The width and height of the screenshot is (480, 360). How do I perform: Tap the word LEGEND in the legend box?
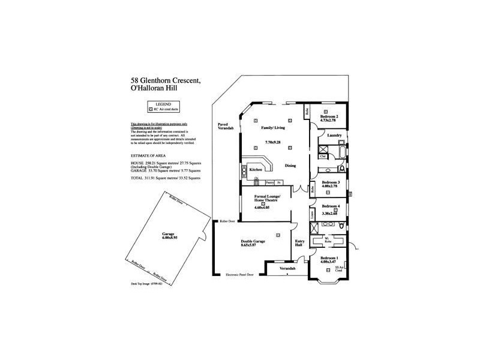pos(155,104)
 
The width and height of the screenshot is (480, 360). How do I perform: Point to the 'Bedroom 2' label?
pos(329,116)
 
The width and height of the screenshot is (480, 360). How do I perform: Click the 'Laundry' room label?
pos(334,135)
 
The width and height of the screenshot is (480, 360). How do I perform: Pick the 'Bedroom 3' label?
pos(331,182)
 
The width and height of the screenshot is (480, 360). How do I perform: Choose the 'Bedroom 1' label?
pos(329,257)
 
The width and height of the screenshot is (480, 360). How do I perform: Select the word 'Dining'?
pos(290,166)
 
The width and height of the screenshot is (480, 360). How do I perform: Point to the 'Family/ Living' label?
pos(272,128)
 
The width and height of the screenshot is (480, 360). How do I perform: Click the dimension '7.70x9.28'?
pos(273,142)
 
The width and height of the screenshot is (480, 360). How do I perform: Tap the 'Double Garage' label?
pos(253,241)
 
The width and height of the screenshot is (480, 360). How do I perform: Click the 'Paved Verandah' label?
pos(226,126)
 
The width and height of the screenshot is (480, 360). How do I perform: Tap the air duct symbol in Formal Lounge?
pos(263,204)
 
